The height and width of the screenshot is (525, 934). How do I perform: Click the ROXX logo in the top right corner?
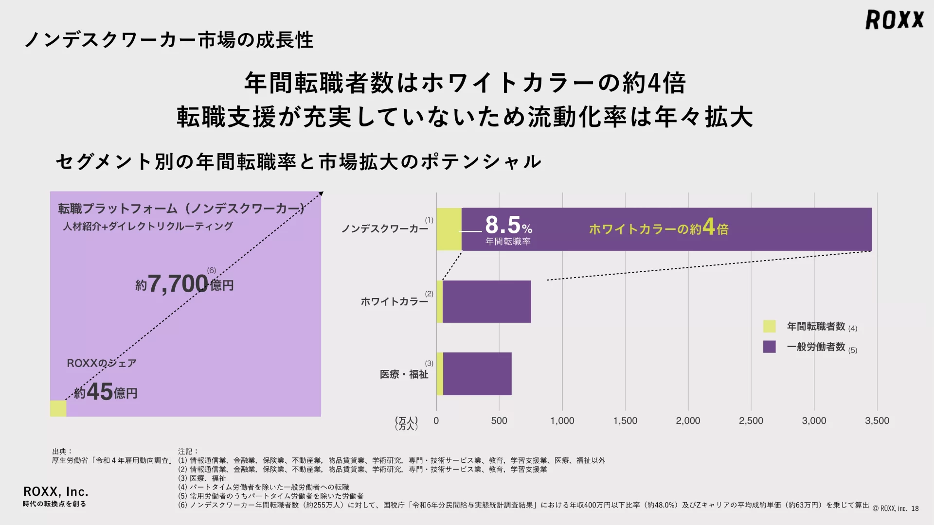[894, 20]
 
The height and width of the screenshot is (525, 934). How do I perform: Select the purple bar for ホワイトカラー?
[486, 301]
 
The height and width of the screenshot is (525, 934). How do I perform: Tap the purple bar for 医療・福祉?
[477, 374]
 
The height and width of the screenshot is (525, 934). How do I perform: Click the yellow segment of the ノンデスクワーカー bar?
[449, 229]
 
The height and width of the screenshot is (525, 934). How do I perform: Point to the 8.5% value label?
[508, 226]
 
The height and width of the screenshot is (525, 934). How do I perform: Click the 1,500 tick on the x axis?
[625, 421]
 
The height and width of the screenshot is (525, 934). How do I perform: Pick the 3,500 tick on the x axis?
[877, 421]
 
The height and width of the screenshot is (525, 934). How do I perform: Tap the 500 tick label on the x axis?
[499, 421]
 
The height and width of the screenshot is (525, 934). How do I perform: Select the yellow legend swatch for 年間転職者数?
[769, 326]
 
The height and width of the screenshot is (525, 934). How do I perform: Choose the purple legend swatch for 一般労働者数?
[769, 347]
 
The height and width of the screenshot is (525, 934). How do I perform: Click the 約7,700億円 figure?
[184, 284]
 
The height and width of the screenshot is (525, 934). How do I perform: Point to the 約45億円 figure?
[106, 392]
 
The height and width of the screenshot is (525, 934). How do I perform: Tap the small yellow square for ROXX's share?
[58, 408]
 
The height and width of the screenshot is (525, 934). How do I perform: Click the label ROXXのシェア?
[101, 363]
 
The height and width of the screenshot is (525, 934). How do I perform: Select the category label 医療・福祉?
[404, 374]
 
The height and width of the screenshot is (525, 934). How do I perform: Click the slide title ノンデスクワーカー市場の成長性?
[169, 40]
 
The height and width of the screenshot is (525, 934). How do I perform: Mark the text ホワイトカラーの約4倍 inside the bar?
[658, 228]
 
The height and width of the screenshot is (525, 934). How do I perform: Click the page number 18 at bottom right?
[915, 508]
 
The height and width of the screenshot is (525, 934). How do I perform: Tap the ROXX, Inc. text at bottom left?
[55, 491]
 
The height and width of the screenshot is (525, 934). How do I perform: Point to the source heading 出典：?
[62, 452]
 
